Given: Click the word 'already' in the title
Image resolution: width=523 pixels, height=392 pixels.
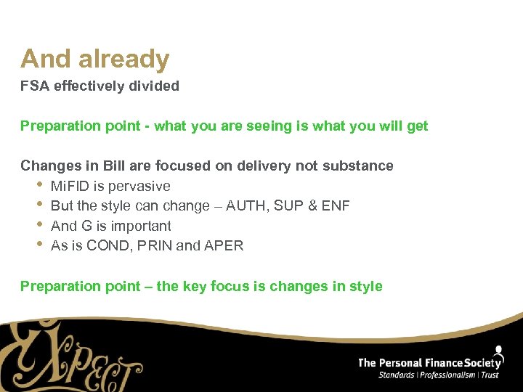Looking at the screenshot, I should [125, 59].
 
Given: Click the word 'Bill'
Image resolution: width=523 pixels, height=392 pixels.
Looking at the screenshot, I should [117, 166].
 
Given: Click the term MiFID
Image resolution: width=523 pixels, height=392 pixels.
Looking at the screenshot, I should [68, 186].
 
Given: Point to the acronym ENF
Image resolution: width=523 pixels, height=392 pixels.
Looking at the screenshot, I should [336, 206].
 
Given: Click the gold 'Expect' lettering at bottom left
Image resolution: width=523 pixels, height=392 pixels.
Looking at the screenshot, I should [73, 356].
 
